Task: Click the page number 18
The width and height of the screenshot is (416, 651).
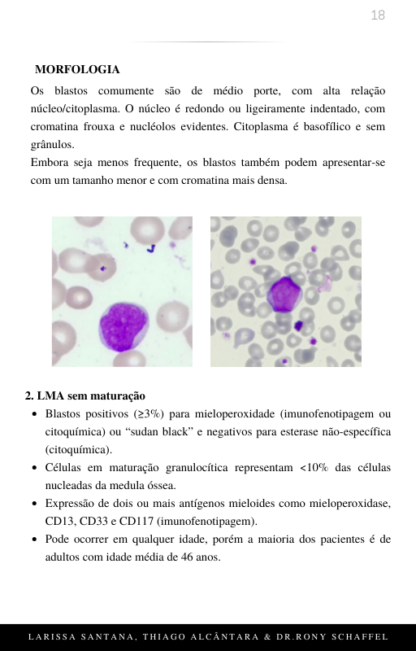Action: pos(377,15)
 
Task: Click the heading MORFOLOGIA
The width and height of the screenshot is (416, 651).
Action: pos(77,70)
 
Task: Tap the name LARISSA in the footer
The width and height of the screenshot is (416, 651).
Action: pos(52,636)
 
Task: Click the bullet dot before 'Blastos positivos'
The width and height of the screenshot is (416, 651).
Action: pos(33,414)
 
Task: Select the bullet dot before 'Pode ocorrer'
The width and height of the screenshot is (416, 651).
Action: pos(33,540)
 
